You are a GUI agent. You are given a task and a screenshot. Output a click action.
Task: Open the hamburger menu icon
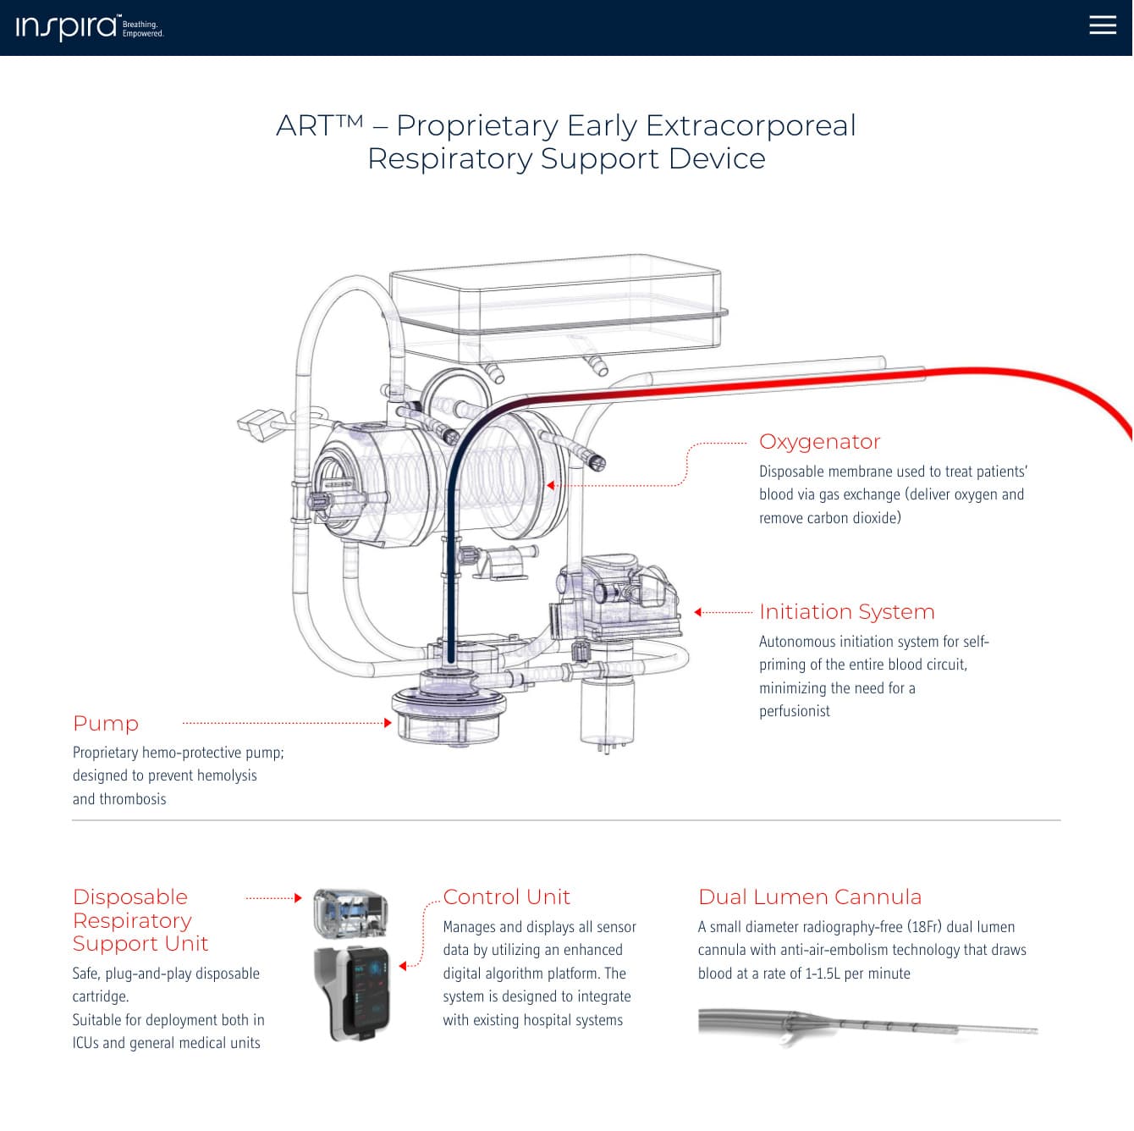[x=1102, y=25]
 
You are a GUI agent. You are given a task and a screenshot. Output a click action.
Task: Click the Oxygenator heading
[x=819, y=442]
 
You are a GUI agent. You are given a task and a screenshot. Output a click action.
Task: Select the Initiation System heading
[x=847, y=612]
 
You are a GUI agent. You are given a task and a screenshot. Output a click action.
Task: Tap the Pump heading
[x=106, y=723]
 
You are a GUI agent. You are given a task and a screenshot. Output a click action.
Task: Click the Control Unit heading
[x=506, y=897]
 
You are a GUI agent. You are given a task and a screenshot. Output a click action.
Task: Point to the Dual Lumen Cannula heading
[x=810, y=897]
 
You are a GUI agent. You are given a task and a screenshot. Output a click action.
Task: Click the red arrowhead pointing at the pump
[x=388, y=723]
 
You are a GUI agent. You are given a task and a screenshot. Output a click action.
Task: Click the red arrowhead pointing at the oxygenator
[x=550, y=485]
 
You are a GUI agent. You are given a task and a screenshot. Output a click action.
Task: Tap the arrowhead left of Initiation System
[x=698, y=612]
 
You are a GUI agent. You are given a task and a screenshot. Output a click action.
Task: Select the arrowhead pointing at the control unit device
[x=403, y=966]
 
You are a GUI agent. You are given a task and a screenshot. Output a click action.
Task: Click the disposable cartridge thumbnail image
[x=350, y=913]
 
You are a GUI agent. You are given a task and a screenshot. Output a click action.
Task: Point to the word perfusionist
[x=795, y=711]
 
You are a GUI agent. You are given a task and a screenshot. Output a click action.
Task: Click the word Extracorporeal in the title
[x=751, y=125]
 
